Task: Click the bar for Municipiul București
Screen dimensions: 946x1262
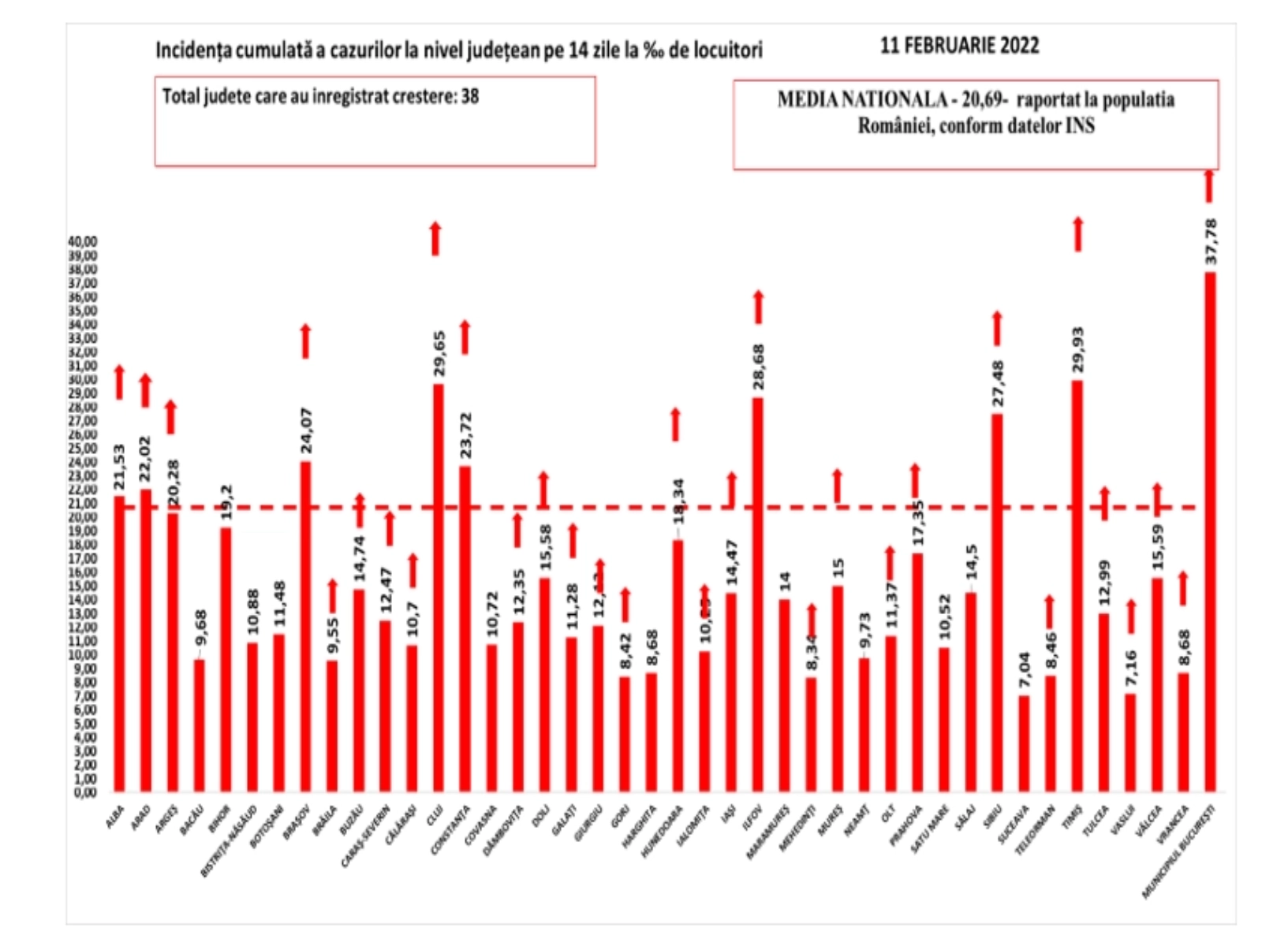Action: point(1210,532)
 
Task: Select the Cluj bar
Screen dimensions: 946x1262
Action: point(438,587)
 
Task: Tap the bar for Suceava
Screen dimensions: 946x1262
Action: point(1025,743)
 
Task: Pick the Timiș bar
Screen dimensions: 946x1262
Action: point(1077,586)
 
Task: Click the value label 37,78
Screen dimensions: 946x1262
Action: point(1211,241)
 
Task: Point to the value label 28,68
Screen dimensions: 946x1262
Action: point(759,367)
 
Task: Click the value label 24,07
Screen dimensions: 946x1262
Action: point(306,430)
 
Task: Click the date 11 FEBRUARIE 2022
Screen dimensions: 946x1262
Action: point(959,45)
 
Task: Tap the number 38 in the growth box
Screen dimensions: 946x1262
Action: point(470,97)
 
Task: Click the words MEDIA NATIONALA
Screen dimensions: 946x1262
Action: point(861,100)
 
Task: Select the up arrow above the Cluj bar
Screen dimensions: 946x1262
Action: point(435,239)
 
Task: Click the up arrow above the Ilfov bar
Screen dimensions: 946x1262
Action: point(759,307)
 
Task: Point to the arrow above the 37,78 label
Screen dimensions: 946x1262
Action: point(1209,186)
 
